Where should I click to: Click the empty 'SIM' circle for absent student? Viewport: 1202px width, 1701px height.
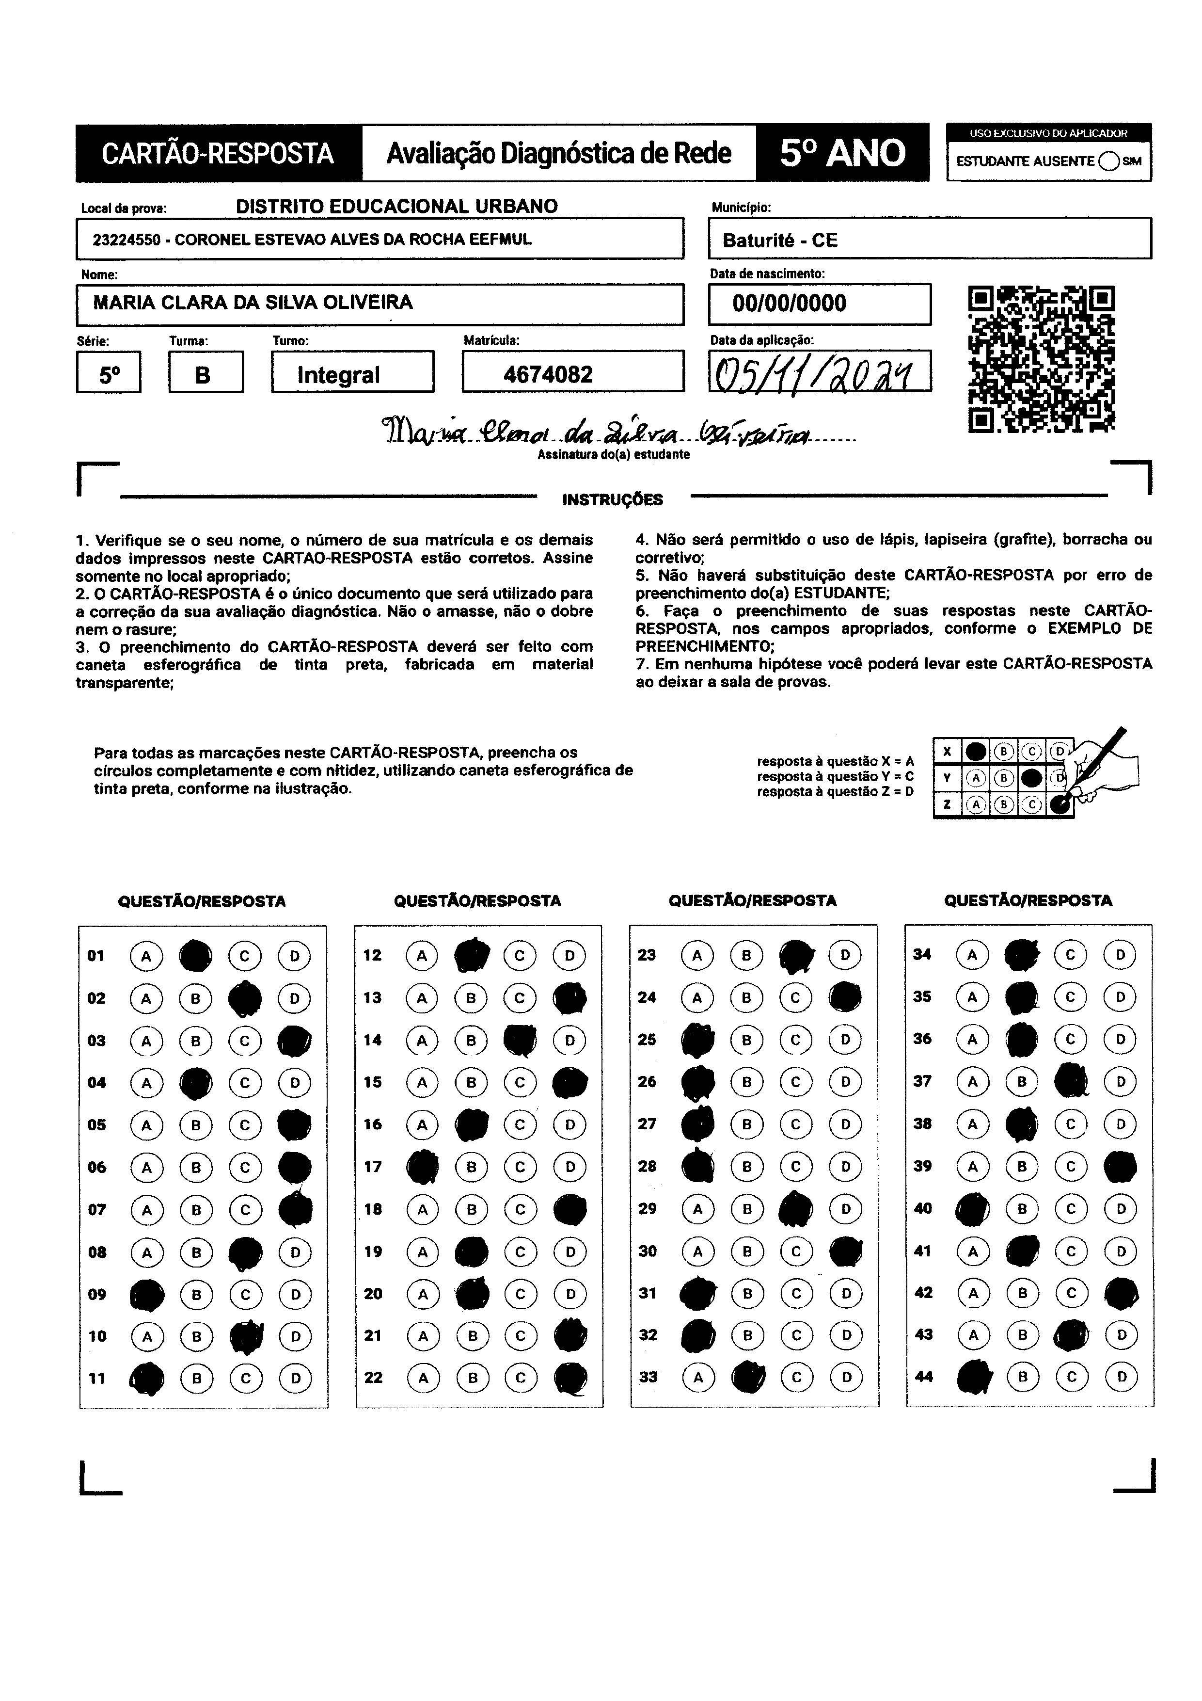pos(1108,161)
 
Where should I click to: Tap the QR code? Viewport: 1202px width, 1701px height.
pos(1041,359)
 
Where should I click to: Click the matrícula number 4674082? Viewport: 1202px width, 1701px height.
pos(548,374)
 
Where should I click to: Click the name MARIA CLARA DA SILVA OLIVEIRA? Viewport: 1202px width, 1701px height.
pos(253,302)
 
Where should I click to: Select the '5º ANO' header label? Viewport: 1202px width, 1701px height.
pos(842,153)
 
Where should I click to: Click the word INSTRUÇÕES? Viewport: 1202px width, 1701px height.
pos(613,500)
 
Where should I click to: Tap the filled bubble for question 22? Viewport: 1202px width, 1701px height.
pos(570,1378)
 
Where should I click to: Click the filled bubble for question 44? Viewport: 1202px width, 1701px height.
pos(974,1377)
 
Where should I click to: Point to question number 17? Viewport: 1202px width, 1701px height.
pos(373,1167)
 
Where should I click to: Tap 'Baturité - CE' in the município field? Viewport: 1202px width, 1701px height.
pos(780,240)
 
